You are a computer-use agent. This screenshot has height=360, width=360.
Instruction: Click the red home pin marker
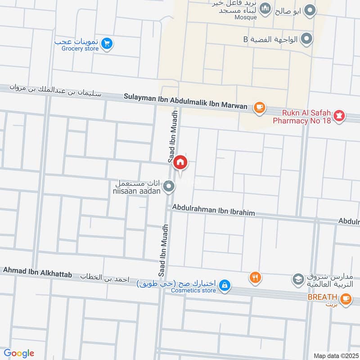pos(180,162)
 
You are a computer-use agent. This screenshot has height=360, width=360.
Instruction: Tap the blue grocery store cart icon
pos(107,43)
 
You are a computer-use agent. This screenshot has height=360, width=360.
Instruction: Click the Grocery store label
pos(80,49)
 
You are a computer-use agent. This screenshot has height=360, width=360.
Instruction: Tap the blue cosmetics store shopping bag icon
pos(225,285)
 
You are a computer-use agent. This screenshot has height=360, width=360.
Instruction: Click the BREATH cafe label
pos(322,297)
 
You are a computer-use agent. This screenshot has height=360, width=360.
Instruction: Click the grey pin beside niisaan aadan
pos(169,185)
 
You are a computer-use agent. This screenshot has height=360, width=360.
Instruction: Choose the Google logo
pos(18,353)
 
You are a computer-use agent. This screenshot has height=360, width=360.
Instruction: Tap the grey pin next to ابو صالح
pos(309,10)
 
